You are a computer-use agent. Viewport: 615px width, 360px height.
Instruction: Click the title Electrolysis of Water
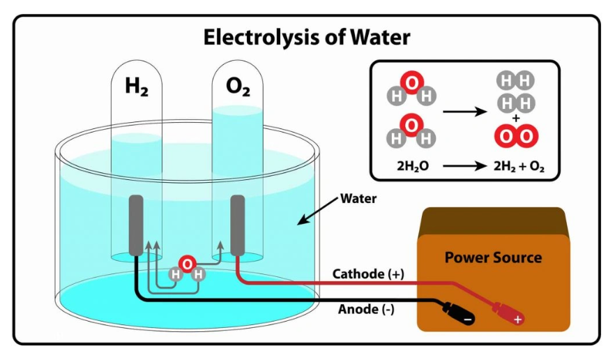point(307,37)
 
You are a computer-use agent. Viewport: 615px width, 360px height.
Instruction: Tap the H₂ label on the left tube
point(137,87)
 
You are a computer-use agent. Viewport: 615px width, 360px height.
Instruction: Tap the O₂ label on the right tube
point(238,87)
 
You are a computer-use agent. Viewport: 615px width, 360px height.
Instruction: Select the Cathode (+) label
point(368,274)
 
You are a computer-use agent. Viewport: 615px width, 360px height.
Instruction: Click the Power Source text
point(493,257)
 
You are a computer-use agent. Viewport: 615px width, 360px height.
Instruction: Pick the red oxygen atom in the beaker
point(187,264)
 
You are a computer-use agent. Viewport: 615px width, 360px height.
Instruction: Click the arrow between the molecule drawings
point(463,111)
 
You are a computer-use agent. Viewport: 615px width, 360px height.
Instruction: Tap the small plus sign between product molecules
point(515,119)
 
